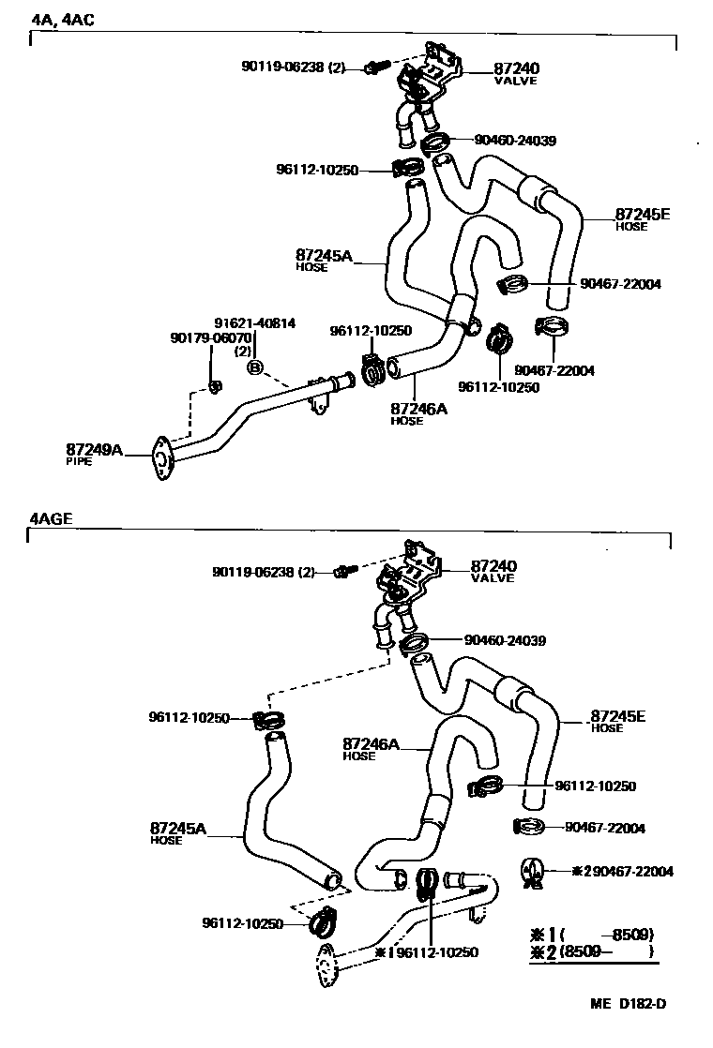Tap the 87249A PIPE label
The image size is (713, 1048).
pos(94,454)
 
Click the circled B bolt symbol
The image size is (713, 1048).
pos(254,367)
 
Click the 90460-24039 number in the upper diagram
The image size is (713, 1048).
pos(515,141)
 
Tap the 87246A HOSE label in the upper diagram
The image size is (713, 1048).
pos(418,413)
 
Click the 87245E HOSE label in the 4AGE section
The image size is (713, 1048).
pos(617,721)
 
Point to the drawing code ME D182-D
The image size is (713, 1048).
pos(628,1005)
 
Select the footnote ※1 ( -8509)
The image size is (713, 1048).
pos(591,935)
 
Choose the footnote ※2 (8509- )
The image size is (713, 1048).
pos(591,952)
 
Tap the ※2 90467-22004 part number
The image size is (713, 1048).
pos(622,871)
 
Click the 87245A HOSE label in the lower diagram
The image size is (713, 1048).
pos(177,833)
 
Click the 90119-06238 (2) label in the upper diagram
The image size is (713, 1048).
pos(294,67)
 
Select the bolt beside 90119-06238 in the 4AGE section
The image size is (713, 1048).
pos(343,570)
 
